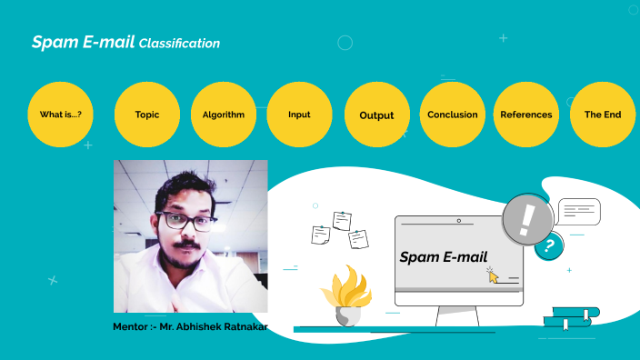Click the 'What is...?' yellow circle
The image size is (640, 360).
click(61, 115)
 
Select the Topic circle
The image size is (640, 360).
click(146, 115)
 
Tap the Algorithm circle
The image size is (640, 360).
click(224, 115)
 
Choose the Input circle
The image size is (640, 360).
click(299, 115)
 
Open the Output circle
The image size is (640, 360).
click(376, 115)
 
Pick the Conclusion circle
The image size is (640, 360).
click(453, 115)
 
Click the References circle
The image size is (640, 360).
click(526, 115)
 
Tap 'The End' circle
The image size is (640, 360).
click(603, 115)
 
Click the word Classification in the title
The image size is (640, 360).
click(180, 43)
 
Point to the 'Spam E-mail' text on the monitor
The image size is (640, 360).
click(444, 257)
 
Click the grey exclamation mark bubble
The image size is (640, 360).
click(527, 219)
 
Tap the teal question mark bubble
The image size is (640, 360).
click(548, 245)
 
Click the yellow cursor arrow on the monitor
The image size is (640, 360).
click(493, 275)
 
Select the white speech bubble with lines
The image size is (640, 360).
click(579, 212)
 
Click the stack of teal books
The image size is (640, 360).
click(571, 317)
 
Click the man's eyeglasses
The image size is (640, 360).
click(185, 221)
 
